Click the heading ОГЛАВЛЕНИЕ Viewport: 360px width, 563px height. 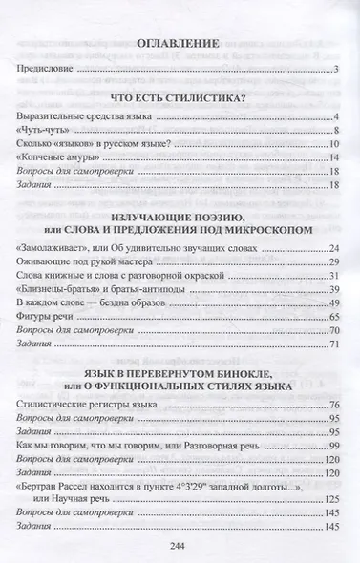(x=180, y=43)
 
